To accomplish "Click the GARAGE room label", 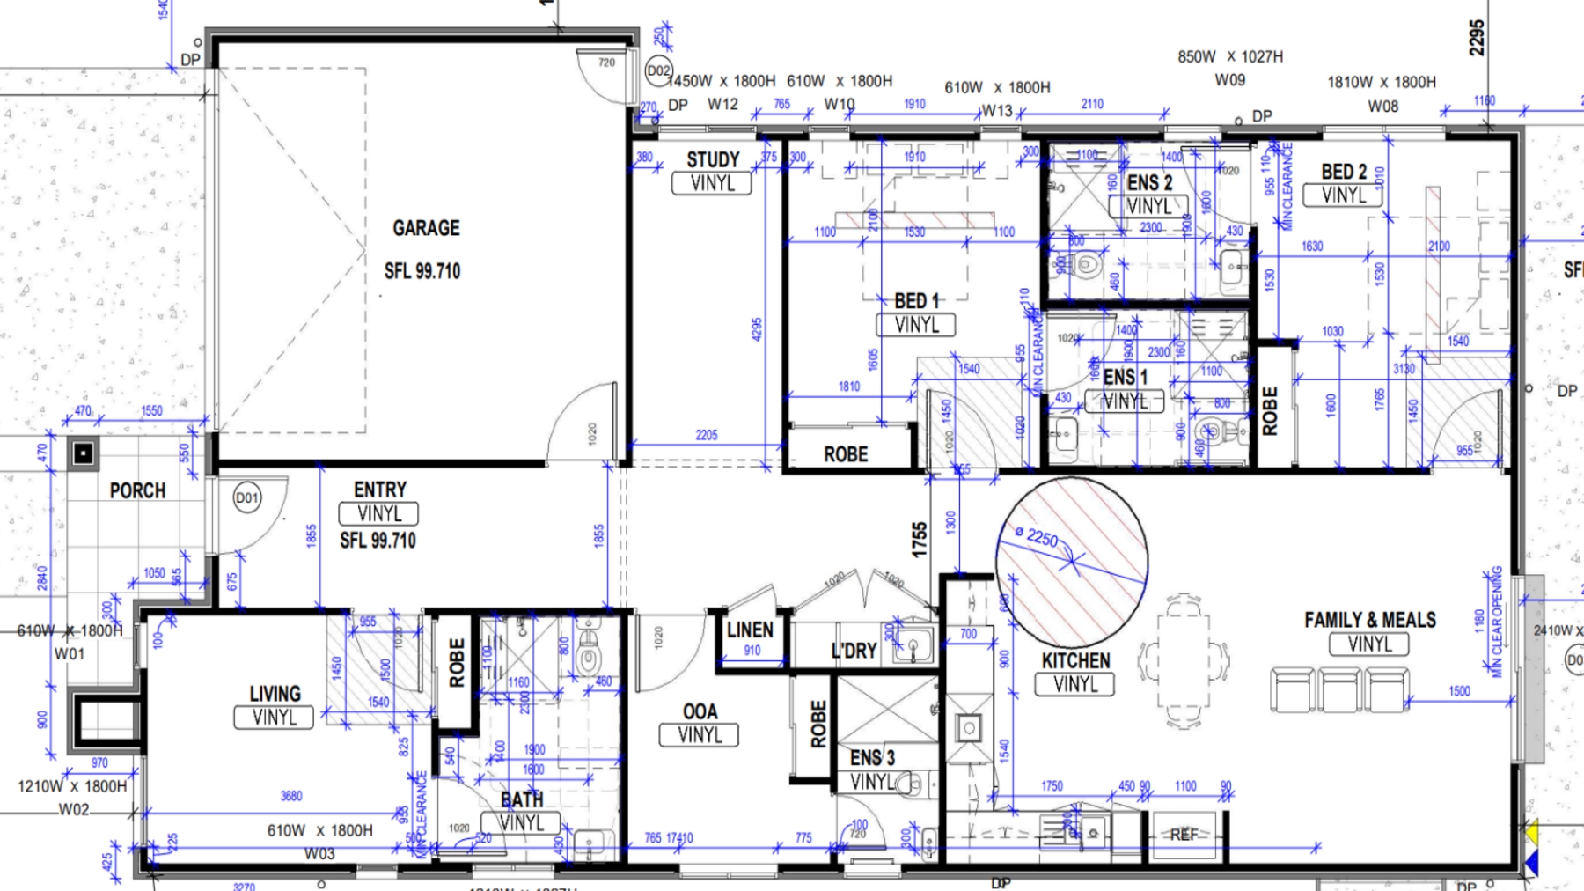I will pos(426,228).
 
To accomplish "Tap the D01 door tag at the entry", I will pos(247,498).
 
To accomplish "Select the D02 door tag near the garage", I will pos(658,71).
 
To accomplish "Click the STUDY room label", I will pos(713,159).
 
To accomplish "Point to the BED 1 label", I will pos(916,301).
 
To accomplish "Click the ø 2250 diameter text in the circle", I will pos(1037,536).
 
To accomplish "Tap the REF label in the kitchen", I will pos(1184,835).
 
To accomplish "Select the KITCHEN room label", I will pos(1075,660).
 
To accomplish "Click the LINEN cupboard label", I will pos(750,630).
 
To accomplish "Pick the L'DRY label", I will pos(854,651).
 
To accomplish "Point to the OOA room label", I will pos(700,711).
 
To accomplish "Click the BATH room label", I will pos(521,799).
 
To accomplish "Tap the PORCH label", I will pos(137,490).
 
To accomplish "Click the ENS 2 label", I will pos(1149,182).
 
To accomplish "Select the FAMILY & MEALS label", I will pos(1369,620).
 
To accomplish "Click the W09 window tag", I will pos(1229,80).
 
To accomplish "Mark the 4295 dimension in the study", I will pos(757,329).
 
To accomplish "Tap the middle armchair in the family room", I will pos(1339,689).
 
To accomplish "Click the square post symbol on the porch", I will pos(84,453).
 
